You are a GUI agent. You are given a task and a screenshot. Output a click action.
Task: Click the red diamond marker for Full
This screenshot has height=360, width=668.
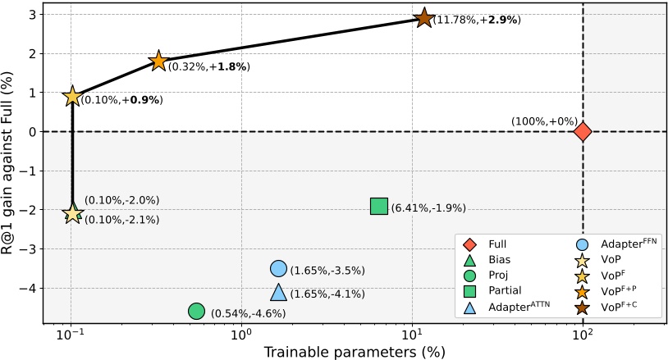[583, 131]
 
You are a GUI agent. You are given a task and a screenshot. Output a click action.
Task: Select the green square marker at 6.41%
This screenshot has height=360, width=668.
[378, 206]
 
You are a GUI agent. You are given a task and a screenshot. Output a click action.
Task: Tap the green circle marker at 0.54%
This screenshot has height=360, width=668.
[196, 311]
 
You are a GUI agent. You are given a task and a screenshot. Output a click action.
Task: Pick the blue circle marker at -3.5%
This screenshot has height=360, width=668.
[278, 268]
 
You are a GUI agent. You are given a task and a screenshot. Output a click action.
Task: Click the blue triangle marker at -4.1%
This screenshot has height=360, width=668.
[278, 293]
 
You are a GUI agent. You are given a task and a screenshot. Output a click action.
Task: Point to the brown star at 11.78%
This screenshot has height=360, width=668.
[423, 18]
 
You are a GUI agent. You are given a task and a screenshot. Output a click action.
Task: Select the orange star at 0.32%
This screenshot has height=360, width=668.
[158, 62]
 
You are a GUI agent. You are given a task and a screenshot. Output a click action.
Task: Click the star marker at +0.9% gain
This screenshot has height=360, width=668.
[72, 96]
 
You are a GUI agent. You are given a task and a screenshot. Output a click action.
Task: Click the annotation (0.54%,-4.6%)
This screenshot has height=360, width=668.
[248, 313]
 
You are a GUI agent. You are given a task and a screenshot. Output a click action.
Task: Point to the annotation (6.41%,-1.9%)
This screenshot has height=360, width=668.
[428, 208]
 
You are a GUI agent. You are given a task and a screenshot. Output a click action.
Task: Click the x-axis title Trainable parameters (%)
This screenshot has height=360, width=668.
[354, 352]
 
